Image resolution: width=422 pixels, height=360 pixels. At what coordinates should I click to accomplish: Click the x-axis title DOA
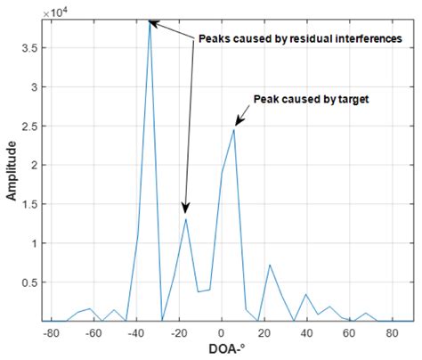pyautogui.click(x=223, y=351)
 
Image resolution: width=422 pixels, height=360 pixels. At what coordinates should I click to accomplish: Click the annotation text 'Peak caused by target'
pyautogui.click(x=311, y=99)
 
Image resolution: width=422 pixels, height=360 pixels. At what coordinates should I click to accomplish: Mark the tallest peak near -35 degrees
pyautogui.click(x=150, y=21)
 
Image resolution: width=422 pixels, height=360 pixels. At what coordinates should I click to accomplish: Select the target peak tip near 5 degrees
pyautogui.click(x=234, y=129)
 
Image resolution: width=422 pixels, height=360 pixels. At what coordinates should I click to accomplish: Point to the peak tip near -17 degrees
pyautogui.click(x=186, y=218)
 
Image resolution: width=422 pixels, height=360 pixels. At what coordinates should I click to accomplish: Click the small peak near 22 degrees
pyautogui.click(x=270, y=265)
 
